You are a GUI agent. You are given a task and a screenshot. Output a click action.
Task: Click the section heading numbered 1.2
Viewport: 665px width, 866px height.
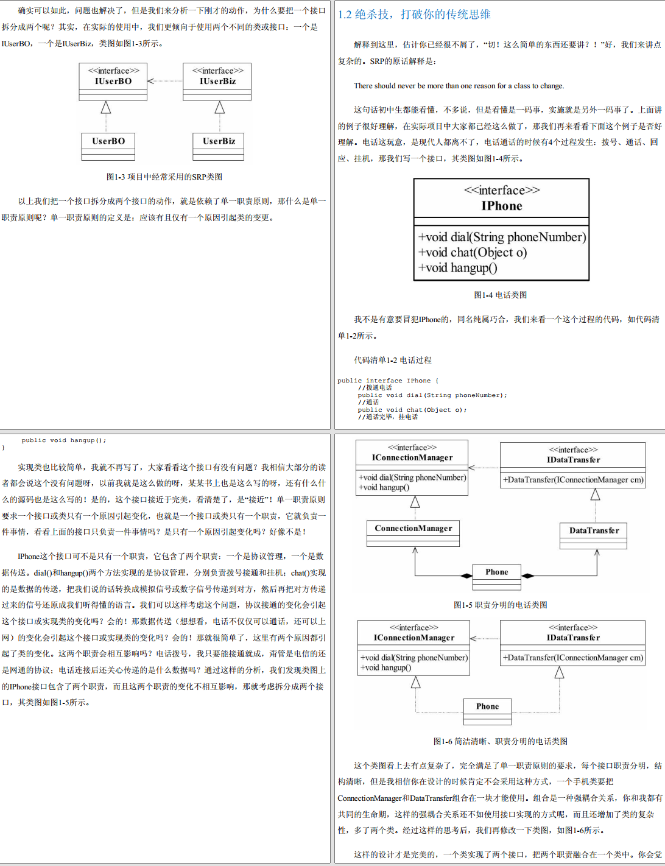click(414, 15)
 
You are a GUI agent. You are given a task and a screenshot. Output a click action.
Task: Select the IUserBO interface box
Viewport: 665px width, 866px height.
click(113, 82)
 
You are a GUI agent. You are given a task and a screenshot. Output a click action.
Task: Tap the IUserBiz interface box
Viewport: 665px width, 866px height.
click(217, 82)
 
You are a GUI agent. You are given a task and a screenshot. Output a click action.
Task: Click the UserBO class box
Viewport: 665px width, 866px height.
click(108, 146)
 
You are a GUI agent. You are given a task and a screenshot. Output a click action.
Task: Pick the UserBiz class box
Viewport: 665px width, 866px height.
click(219, 146)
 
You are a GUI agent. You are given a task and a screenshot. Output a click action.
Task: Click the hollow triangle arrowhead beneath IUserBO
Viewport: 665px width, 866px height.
click(106, 108)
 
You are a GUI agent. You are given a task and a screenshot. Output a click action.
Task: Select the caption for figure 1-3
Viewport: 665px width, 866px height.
click(164, 177)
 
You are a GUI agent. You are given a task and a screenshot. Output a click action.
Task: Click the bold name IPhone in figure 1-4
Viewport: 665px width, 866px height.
click(502, 206)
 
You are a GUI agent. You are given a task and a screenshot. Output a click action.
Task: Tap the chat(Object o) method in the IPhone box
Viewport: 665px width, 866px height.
click(473, 252)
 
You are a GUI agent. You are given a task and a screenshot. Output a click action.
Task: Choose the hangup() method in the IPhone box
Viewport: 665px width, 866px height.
click(458, 267)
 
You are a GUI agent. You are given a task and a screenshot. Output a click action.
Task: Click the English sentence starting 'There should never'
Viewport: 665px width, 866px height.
click(459, 86)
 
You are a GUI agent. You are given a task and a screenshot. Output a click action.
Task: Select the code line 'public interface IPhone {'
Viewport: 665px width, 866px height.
click(388, 381)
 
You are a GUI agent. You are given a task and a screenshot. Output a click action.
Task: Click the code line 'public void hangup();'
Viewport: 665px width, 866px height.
click(64, 440)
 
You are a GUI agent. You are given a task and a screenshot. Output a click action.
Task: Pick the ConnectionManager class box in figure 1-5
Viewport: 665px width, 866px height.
click(413, 533)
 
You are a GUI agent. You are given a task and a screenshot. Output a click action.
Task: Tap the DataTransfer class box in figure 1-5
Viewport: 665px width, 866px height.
click(594, 535)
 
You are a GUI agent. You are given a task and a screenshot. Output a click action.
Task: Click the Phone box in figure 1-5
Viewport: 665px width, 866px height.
click(497, 576)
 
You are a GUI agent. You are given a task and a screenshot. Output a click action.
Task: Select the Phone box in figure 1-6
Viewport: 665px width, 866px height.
click(487, 711)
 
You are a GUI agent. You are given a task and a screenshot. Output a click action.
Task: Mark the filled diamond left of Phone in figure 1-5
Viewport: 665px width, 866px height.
click(466, 576)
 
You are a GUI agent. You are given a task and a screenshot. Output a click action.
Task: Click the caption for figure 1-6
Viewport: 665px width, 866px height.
click(501, 741)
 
